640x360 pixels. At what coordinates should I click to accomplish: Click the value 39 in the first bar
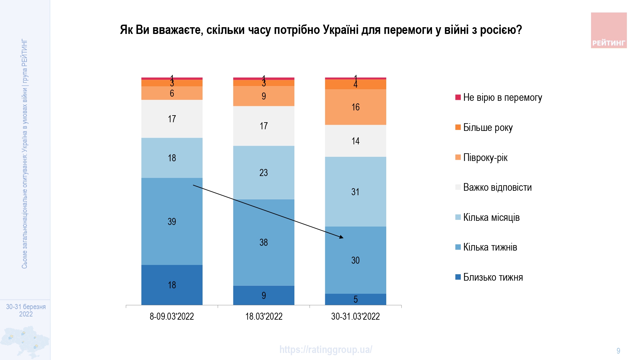pyautogui.click(x=172, y=221)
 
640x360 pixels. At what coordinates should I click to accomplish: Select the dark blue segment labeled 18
pyautogui.click(x=172, y=285)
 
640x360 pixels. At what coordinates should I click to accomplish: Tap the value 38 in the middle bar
pyautogui.click(x=263, y=242)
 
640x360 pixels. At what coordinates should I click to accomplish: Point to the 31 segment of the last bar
pyautogui.click(x=355, y=192)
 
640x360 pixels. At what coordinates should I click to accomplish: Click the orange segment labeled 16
pyautogui.click(x=355, y=107)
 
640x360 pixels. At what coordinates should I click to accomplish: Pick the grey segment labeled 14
pyautogui.click(x=355, y=141)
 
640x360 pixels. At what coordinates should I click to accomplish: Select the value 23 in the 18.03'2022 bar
pyautogui.click(x=263, y=172)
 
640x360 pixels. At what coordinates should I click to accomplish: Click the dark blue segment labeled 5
pyautogui.click(x=355, y=299)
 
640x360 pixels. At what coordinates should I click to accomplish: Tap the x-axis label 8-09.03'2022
pyautogui.click(x=172, y=316)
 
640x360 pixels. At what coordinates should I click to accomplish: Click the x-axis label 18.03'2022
pyautogui.click(x=264, y=316)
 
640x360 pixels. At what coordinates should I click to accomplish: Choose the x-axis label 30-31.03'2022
pyautogui.click(x=355, y=316)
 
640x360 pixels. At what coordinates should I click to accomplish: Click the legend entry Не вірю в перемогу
pyautogui.click(x=502, y=97)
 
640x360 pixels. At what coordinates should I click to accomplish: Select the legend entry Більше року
pyautogui.click(x=488, y=127)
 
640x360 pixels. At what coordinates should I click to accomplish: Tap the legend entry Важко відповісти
pyautogui.click(x=497, y=187)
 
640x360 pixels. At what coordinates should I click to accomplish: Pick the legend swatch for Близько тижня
pyautogui.click(x=458, y=277)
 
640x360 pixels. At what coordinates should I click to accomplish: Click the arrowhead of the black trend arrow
pyautogui.click(x=342, y=237)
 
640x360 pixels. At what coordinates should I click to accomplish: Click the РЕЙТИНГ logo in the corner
pyautogui.click(x=609, y=30)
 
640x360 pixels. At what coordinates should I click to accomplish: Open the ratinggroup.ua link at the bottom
pyautogui.click(x=325, y=349)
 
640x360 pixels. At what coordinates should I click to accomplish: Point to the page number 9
pyautogui.click(x=618, y=351)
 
